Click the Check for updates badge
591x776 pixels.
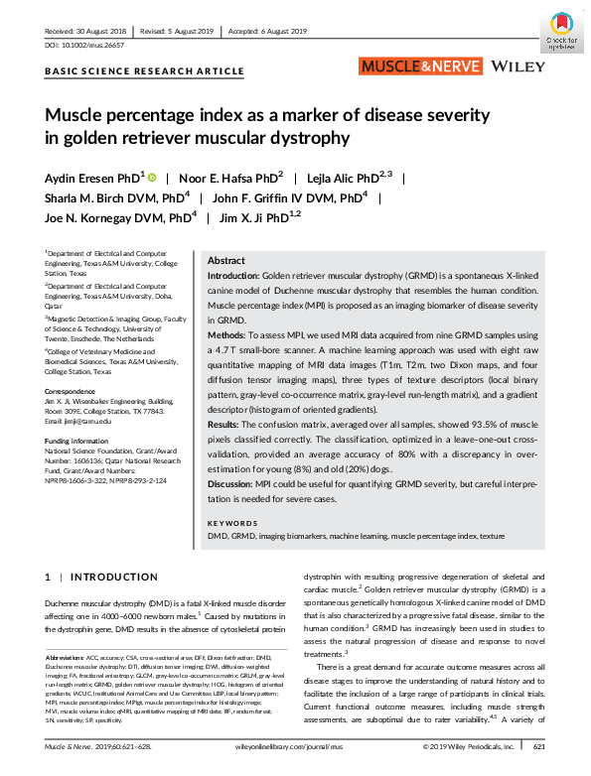560,36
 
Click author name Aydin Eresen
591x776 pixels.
91,178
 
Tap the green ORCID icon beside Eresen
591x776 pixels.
152,177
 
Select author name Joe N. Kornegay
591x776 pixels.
115,218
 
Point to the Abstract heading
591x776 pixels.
226,258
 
